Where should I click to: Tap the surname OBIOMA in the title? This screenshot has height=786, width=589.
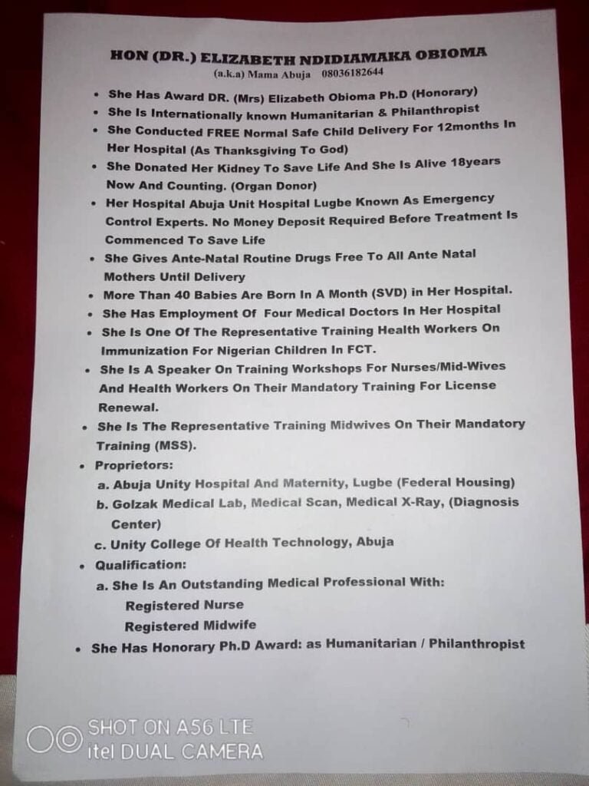coord(443,56)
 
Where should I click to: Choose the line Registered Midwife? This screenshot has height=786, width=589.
coord(190,626)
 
